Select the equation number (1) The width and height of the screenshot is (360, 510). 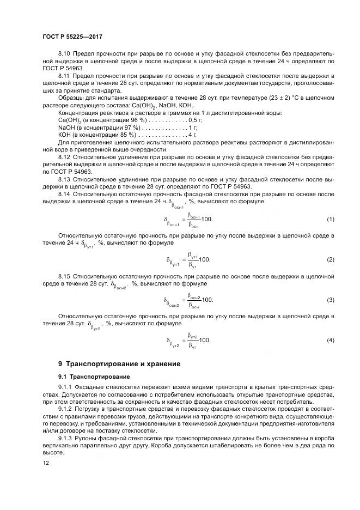(330, 219)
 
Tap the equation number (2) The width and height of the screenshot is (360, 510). (330, 260)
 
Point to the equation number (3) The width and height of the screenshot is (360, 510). (330, 300)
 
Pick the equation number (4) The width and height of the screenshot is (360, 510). (330, 341)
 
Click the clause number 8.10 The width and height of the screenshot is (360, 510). (64, 54)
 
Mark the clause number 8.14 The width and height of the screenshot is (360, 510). (64, 193)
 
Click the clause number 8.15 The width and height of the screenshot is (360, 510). (64, 277)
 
